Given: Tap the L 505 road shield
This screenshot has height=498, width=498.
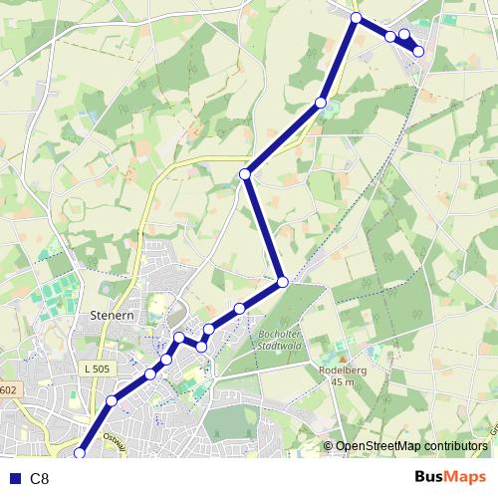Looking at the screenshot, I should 97,369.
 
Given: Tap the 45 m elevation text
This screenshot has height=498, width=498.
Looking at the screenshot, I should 345,381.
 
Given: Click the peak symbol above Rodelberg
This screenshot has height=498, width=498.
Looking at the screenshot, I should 343,358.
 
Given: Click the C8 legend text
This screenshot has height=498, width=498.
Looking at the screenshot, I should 40,479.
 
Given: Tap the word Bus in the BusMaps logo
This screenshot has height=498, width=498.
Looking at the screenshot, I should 431,477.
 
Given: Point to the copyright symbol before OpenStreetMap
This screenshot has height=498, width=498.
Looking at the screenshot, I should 328,447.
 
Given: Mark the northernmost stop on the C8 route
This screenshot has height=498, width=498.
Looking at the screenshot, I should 356,17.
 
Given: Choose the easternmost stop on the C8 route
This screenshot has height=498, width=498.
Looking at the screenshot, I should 418,51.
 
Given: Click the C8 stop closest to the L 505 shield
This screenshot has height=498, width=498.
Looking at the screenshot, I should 112,400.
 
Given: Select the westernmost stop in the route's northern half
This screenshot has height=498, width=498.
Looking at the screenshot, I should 245,175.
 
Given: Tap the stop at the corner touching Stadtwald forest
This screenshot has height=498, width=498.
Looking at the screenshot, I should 282,283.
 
